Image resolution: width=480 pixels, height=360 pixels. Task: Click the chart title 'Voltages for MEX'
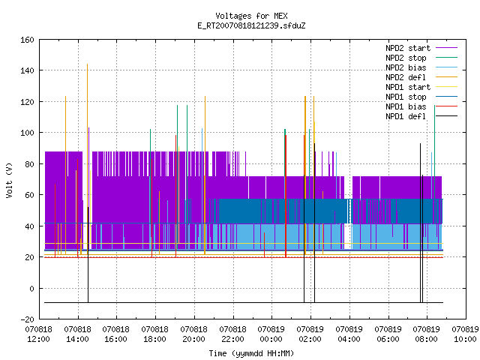point(251,16)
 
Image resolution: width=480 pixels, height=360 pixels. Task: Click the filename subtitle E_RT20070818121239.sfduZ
point(251,25)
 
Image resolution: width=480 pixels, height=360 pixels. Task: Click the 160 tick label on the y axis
point(27,40)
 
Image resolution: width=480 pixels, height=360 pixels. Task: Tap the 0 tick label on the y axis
point(31,289)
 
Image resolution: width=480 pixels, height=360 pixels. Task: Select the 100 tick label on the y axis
point(27,133)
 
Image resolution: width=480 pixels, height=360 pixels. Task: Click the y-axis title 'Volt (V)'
point(9,180)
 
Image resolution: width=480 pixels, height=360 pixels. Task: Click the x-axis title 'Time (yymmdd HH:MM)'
point(251,353)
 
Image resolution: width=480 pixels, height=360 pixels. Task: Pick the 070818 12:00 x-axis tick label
point(38,334)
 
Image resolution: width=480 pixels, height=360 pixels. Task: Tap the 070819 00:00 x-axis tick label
point(271,334)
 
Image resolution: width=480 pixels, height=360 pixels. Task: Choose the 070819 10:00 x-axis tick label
point(465,334)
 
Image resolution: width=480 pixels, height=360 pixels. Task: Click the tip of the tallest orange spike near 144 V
point(87,64)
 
